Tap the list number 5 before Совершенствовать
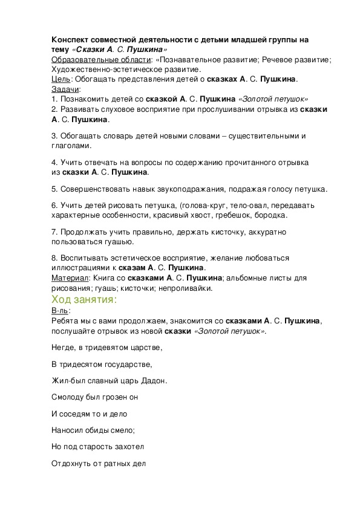click(54, 189)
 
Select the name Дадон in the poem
click(153, 381)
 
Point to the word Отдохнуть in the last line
click(72, 464)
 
